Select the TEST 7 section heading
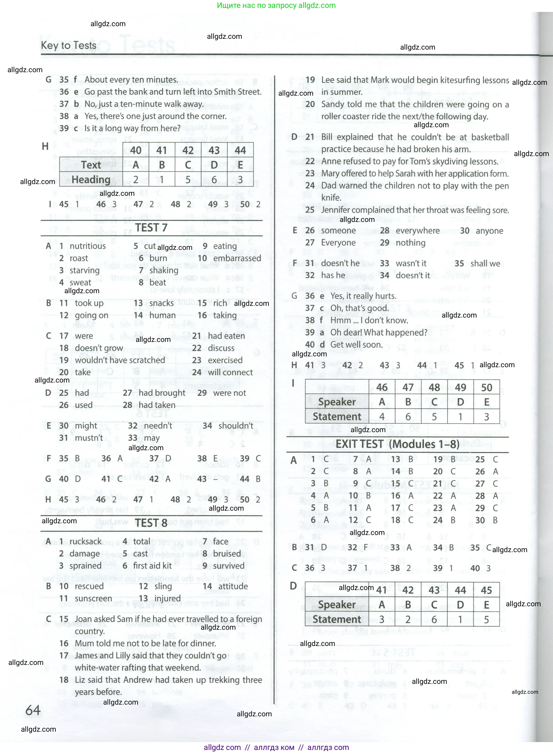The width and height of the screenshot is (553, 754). tap(151, 228)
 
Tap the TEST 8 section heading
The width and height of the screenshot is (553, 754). tap(151, 523)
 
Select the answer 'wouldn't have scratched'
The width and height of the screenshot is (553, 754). tap(120, 360)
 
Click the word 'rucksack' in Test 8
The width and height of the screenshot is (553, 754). tap(85, 541)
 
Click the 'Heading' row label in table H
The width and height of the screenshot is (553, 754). tap(91, 180)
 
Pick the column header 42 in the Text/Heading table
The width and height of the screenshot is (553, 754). tap(188, 150)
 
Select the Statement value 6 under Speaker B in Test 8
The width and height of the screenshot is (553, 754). tap(408, 417)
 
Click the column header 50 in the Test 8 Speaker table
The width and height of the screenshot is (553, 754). tap(486, 387)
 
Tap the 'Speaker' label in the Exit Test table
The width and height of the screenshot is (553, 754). tap(337, 605)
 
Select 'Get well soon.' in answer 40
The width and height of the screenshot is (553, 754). tap(356, 345)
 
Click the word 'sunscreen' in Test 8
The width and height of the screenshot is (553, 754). tap(93, 598)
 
